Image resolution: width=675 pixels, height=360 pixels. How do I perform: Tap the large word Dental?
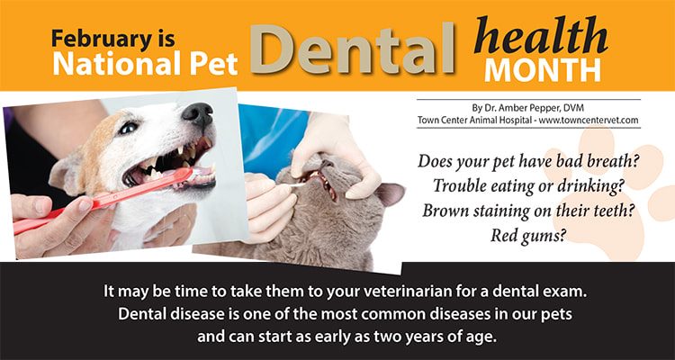(352, 49)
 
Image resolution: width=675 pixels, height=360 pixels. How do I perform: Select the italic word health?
(540, 35)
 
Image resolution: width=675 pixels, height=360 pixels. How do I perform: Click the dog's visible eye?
(129, 128)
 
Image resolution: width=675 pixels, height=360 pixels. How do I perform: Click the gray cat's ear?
(390, 193)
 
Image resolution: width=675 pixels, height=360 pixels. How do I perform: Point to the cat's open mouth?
(319, 181)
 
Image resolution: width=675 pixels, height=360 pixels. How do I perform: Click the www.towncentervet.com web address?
(589, 120)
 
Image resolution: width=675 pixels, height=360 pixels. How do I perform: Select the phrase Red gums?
(527, 235)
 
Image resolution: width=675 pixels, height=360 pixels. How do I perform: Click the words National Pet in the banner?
(145, 63)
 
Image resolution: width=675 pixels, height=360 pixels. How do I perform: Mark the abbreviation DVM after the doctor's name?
(574, 107)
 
